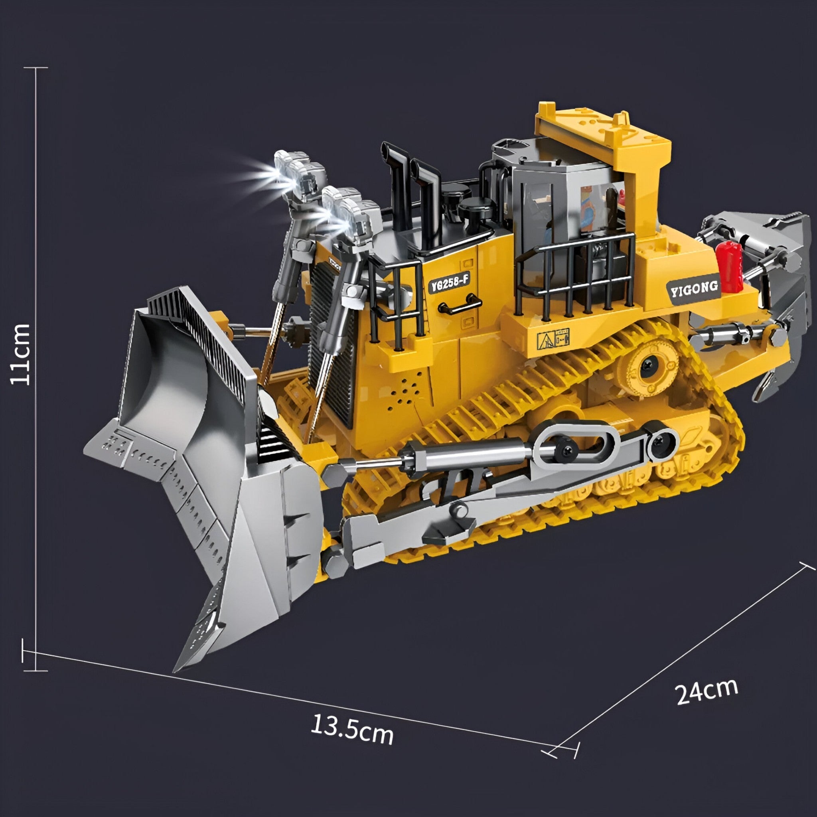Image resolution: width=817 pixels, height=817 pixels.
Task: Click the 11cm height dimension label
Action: click(21, 353)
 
